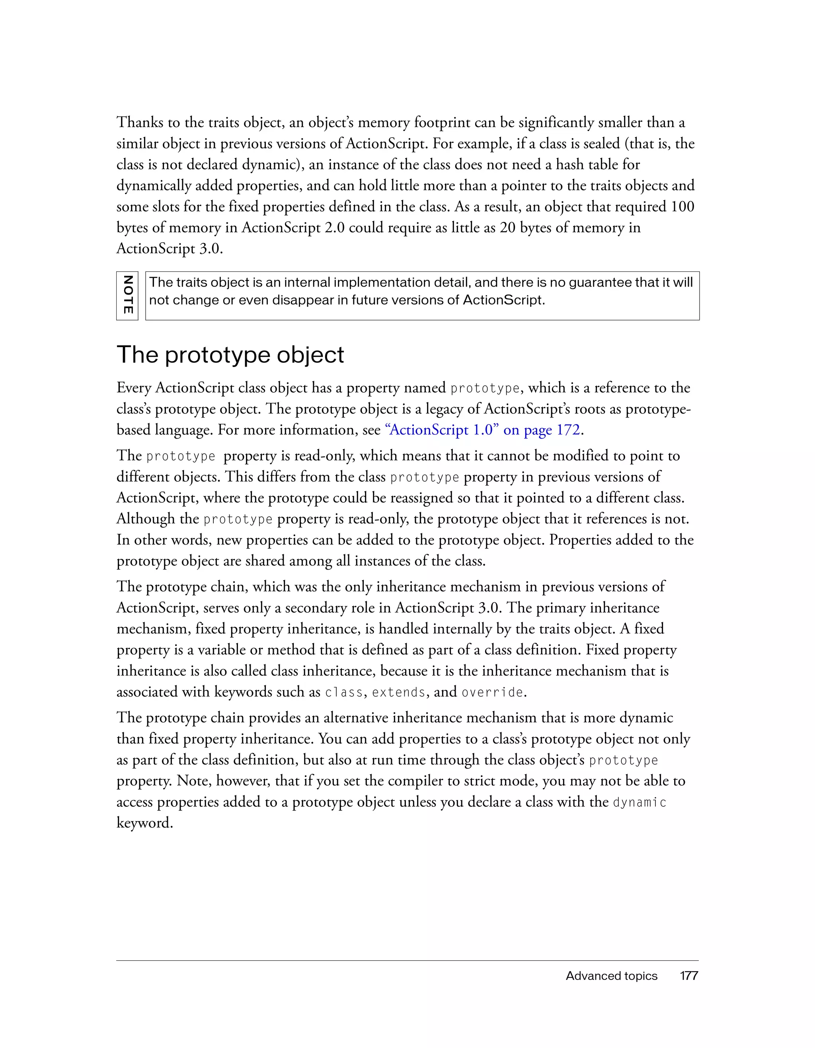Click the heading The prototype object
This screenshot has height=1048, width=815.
[x=230, y=355]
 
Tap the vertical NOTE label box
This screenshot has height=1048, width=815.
[x=127, y=296]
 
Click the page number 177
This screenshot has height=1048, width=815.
[x=689, y=976]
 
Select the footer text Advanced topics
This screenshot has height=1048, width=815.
[x=611, y=976]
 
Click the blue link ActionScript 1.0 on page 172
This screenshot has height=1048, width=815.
[x=482, y=429]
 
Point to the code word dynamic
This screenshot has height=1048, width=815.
[x=640, y=802]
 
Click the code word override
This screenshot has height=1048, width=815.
[x=492, y=693]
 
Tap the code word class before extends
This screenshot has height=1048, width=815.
[x=343, y=693]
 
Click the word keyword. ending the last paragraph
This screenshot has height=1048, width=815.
[x=144, y=823]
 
